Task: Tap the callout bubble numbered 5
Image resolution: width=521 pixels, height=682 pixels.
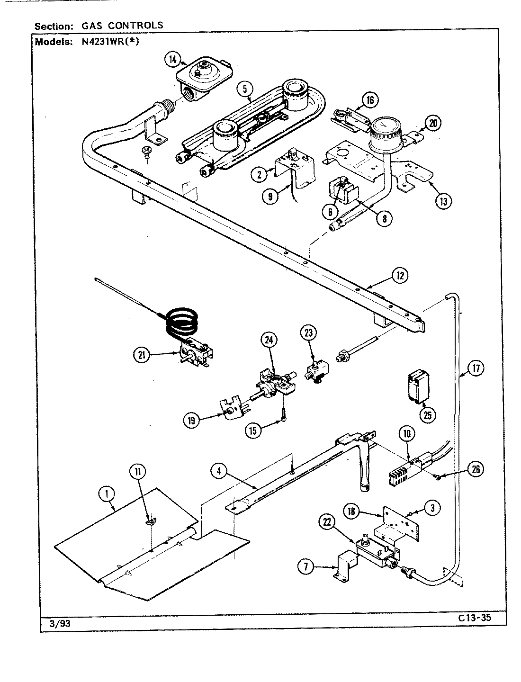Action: tap(245, 88)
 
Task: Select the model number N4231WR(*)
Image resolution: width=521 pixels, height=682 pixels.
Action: tap(107, 41)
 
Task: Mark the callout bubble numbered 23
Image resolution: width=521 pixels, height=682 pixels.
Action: tap(308, 333)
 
